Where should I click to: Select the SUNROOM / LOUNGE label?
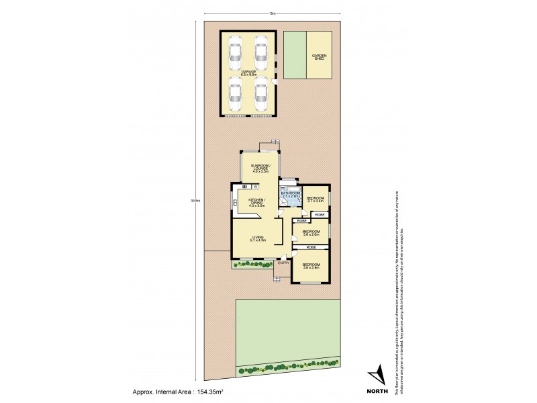coord(260,168)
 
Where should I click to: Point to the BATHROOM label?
coord(290,195)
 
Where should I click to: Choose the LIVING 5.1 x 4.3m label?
coord(259,238)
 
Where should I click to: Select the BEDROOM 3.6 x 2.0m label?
coord(311,232)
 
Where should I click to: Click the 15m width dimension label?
coord(271,13)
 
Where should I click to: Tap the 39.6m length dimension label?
coord(195,199)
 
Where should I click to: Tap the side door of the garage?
coord(276,82)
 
